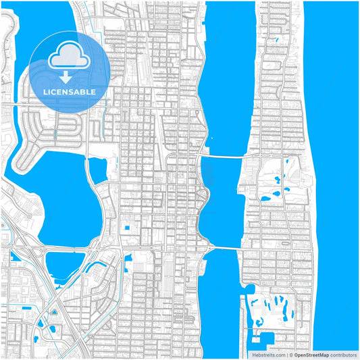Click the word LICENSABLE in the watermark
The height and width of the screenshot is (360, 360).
click(70, 92)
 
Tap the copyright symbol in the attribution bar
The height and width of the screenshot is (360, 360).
click(291, 354)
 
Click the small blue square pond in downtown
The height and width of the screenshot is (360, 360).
click(124, 228)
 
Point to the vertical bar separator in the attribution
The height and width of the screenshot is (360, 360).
click(286, 354)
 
